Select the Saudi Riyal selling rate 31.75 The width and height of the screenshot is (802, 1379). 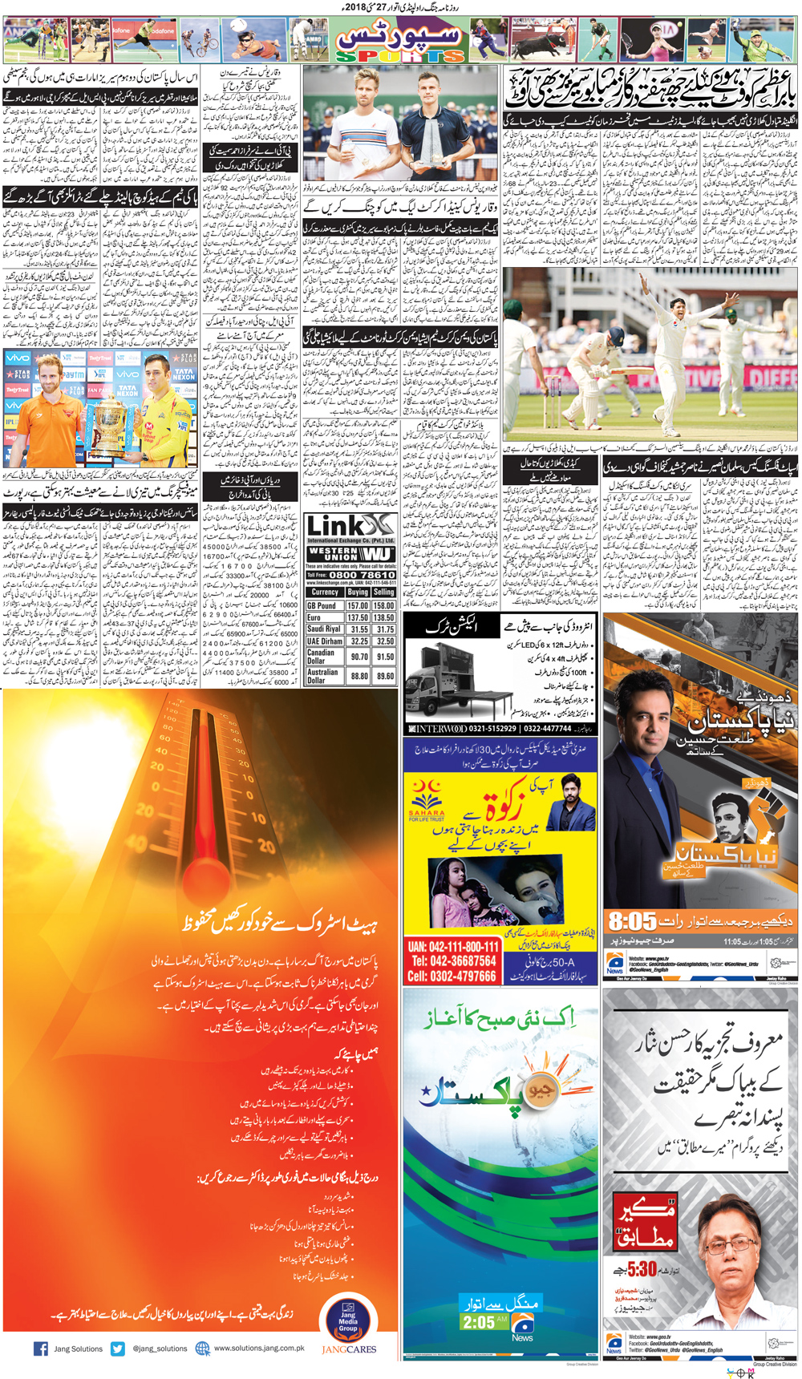(385, 629)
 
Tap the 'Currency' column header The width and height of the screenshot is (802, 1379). (325, 592)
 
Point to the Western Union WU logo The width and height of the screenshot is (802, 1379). (351, 554)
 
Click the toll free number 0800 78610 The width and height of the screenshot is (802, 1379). (362, 575)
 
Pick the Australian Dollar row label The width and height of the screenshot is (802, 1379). (323, 676)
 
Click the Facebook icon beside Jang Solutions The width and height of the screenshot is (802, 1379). (41, 1349)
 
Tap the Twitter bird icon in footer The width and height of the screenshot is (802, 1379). (118, 1349)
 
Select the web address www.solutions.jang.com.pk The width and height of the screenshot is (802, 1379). (258, 1349)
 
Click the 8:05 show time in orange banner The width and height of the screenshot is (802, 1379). (632, 921)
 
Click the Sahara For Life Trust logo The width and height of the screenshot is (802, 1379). (426, 799)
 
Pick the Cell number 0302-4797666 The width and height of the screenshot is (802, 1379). (452, 976)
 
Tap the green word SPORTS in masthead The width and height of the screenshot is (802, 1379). (399, 56)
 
